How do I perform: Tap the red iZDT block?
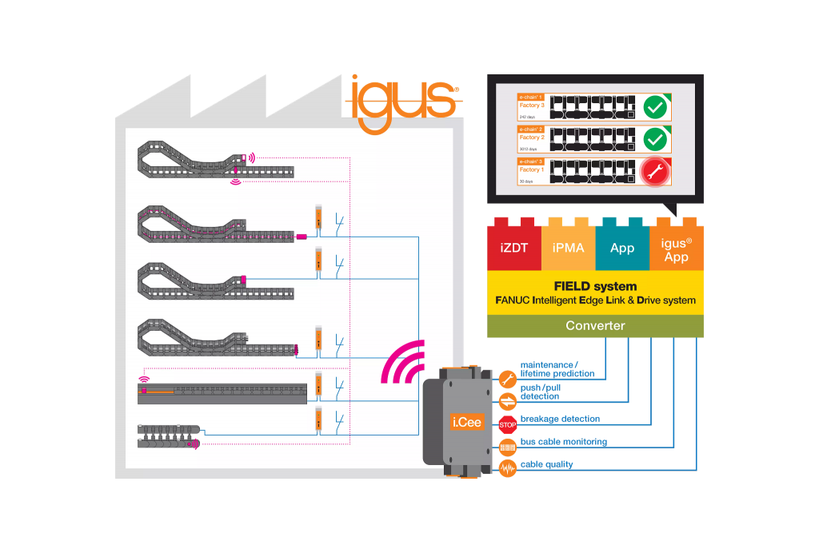514,248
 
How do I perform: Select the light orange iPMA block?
568,248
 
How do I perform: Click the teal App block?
622,248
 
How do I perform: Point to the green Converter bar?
595,325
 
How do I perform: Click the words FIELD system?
595,286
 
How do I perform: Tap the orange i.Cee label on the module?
466,421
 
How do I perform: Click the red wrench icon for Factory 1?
655,171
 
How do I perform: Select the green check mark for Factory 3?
655,107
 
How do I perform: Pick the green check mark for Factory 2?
655,139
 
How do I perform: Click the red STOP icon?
508,424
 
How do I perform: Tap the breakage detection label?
560,419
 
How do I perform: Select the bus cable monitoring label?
564,442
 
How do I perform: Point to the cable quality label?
547,464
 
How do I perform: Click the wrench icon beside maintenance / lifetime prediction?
508,378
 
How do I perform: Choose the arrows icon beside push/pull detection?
508,401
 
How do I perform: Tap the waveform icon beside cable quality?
508,468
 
